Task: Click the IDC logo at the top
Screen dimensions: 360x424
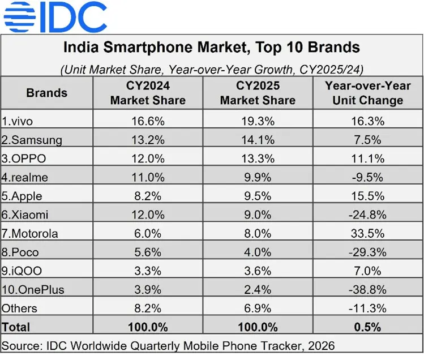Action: [55, 18]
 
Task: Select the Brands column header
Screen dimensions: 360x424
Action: [46, 93]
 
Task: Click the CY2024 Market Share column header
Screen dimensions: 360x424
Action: [148, 93]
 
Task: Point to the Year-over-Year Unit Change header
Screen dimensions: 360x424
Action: [368, 93]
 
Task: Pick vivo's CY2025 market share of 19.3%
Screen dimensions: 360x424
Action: [258, 121]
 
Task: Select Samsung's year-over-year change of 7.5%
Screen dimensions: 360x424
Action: [368, 140]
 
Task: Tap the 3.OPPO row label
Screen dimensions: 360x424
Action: [25, 158]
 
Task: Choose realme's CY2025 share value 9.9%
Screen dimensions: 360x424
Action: [258, 177]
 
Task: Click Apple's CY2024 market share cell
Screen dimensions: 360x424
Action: [148, 196]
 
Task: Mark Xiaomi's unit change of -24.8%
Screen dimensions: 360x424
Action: [368, 215]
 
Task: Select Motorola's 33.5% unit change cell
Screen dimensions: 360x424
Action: [368, 233]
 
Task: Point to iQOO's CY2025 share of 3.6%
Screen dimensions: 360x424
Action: [258, 271]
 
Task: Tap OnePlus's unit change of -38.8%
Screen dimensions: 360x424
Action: [368, 289]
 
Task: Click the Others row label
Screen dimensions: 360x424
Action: [20, 308]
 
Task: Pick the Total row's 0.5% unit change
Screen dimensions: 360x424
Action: [368, 327]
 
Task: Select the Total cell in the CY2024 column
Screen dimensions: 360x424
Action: [148, 327]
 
